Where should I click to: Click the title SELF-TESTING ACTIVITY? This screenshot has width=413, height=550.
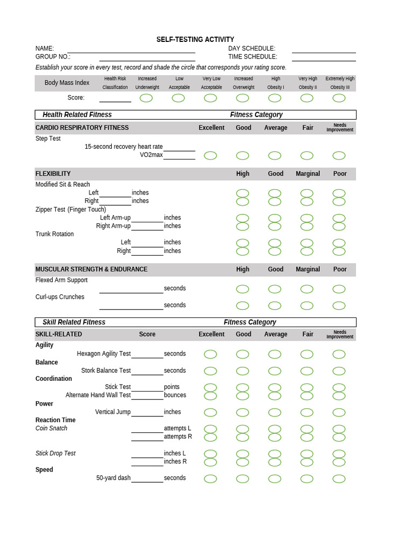pyautogui.click(x=195, y=40)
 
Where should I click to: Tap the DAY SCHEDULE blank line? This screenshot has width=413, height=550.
pyautogui.click(x=324, y=50)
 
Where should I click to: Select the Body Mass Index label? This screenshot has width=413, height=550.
pyautogui.click(x=67, y=83)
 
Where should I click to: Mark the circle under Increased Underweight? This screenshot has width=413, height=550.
pyautogui.click(x=146, y=98)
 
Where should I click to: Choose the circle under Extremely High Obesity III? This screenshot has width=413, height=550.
pyautogui.click(x=339, y=98)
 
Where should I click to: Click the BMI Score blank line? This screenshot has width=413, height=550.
pyautogui.click(x=115, y=99)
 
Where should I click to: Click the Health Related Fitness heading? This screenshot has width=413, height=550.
pyautogui.click(x=77, y=114)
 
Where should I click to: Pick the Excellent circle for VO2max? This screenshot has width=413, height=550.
pyautogui.click(x=210, y=156)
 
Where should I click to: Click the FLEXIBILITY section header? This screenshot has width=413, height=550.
pyautogui.click(x=53, y=174)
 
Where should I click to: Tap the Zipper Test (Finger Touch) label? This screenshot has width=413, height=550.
pyautogui.click(x=70, y=209)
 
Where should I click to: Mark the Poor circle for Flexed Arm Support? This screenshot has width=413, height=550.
pyautogui.click(x=339, y=289)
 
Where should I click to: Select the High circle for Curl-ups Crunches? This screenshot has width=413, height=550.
pyautogui.click(x=243, y=306)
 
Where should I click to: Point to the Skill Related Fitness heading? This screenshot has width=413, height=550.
pyautogui.click(x=74, y=322)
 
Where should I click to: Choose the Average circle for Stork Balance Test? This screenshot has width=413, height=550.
pyautogui.click(x=275, y=371)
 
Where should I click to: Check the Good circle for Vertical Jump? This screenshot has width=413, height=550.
pyautogui.click(x=243, y=412)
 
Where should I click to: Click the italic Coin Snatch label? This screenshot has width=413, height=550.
pyautogui.click(x=52, y=429)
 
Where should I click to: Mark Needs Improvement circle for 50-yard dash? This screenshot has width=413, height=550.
pyautogui.click(x=339, y=479)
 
